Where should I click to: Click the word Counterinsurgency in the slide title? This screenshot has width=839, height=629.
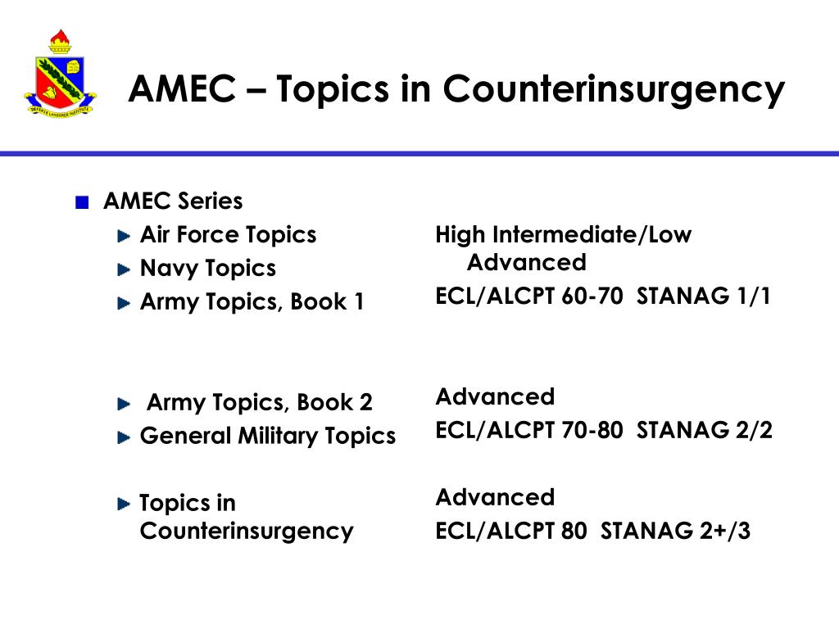tap(615, 88)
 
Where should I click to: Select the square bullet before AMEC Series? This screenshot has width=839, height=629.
tap(80, 203)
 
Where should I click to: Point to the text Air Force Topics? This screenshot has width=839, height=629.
tap(228, 235)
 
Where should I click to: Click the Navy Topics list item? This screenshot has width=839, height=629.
tap(207, 269)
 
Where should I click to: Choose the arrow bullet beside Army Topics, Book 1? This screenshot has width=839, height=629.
tap(124, 303)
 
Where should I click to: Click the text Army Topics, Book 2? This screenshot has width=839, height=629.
tap(259, 403)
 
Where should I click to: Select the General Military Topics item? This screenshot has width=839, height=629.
tap(267, 436)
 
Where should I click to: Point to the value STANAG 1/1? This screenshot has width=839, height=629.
tap(704, 296)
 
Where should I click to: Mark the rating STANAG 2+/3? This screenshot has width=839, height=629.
tap(675, 532)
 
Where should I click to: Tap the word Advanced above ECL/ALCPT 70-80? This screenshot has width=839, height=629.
tap(495, 397)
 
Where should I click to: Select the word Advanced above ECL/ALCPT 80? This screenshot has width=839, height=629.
tap(495, 498)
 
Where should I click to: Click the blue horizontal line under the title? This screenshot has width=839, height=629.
tap(419, 153)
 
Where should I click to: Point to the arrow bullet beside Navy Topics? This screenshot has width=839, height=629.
tap(124, 269)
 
